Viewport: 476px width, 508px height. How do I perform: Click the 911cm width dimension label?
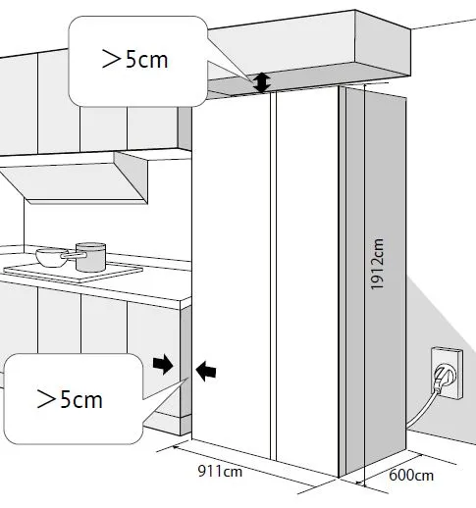tap(220, 472)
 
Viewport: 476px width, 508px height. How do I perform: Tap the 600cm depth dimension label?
tap(411, 476)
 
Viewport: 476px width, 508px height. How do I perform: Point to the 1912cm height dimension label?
tap(377, 264)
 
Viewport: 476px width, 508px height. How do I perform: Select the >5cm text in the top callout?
tap(135, 59)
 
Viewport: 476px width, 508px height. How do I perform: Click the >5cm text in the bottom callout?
tap(70, 399)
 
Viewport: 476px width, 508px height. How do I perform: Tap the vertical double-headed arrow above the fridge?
tap(262, 82)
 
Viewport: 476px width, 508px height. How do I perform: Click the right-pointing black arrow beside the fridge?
tap(163, 364)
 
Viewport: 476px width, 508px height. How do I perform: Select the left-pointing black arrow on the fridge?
tap(206, 371)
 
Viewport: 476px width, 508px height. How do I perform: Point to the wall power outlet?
tap(447, 374)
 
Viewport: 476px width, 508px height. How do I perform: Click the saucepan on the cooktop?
tap(90, 257)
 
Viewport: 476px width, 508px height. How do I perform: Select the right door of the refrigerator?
tap(307, 281)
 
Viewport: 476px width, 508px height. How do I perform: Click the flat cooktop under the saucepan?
tap(73, 271)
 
